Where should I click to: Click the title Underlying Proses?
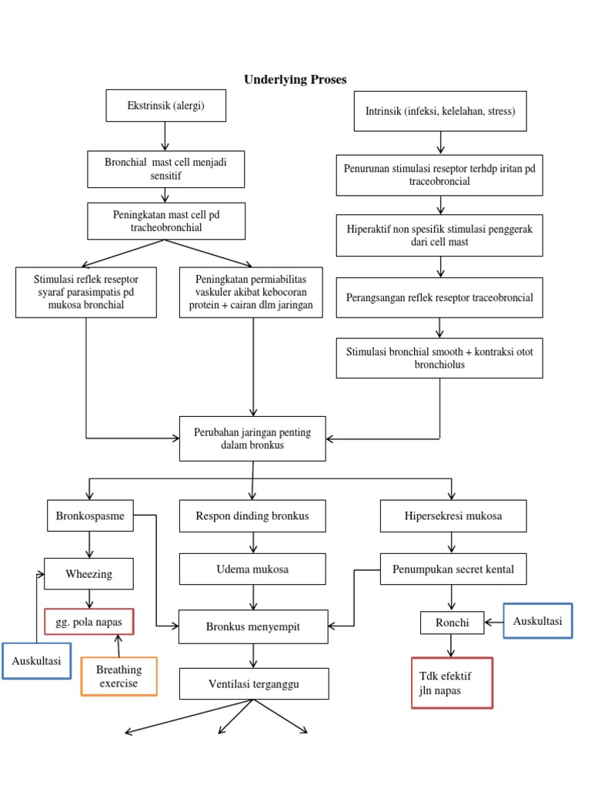pos(295,79)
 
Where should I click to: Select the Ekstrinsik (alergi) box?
pos(165,106)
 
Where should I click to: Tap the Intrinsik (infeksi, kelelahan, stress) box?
pos(440,111)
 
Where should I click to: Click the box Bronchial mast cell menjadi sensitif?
pos(165,170)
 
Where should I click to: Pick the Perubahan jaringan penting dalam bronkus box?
pos(252,438)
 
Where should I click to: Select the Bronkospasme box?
pos(90,515)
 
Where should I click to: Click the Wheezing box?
pos(89,574)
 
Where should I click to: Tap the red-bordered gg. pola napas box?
pos(89,621)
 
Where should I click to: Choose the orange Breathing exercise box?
pos(119,677)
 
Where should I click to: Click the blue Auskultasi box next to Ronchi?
pos(538,620)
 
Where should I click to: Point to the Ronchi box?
pos(452,623)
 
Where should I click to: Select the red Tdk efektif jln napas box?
pos(452,682)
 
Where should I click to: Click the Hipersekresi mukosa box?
pos(453,515)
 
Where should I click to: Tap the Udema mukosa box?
pos(253,569)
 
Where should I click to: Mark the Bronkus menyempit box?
pos(253,626)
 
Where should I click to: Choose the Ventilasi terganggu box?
pos(253,683)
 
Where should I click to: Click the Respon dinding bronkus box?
pos(252,515)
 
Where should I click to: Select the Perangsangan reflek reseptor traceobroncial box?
pos(439,297)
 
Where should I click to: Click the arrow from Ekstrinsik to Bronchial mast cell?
pos(165,136)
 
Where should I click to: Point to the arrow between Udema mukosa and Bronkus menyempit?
pos(253,597)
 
